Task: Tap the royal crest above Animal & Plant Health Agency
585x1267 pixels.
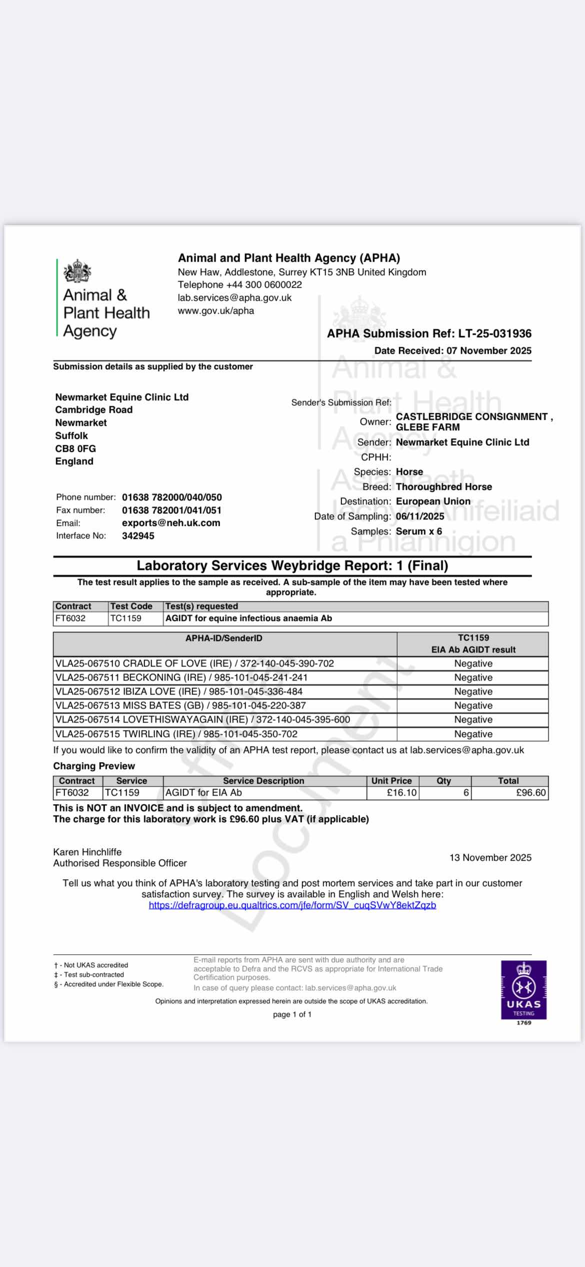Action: [77, 272]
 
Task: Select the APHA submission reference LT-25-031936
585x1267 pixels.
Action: [494, 333]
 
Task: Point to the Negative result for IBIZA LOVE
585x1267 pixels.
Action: [473, 692]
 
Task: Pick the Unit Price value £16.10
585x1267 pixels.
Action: [401, 793]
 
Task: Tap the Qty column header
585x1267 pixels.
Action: [443, 781]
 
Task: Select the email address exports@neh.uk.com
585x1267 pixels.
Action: [171, 523]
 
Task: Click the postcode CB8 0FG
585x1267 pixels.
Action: [75, 448]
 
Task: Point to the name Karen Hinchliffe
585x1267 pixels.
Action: [87, 852]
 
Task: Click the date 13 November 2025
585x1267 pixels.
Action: [490, 857]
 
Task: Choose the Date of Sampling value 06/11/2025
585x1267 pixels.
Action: [420, 516]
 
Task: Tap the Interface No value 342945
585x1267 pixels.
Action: [138, 535]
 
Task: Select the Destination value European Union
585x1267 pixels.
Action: [433, 501]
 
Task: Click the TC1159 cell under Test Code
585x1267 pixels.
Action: [125, 618]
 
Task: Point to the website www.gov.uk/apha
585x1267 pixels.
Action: [216, 311]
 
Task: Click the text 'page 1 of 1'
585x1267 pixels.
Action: [292, 1014]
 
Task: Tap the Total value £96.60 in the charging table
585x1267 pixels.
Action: [531, 793]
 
